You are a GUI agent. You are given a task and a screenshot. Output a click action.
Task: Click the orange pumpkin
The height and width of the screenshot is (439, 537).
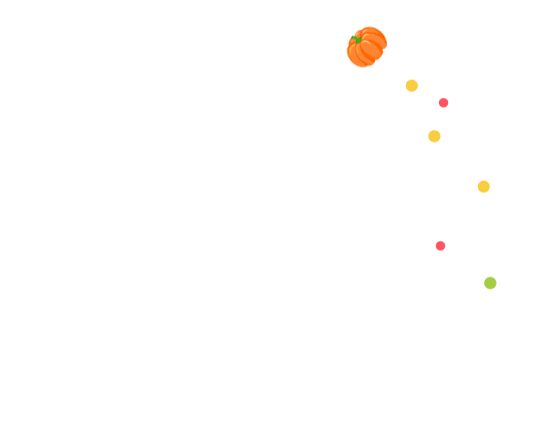click(x=367, y=47)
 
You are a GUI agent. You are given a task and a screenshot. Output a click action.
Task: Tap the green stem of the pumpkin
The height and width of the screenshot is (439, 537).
click(x=356, y=38)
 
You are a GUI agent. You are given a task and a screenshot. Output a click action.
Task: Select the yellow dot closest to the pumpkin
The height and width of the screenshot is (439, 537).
click(x=411, y=86)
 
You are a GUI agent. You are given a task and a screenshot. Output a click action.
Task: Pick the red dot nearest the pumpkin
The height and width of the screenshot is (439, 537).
click(x=443, y=103)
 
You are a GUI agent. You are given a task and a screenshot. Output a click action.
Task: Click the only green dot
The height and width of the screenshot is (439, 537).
click(x=490, y=283)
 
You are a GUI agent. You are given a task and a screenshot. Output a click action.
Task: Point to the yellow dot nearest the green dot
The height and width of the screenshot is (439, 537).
click(x=484, y=187)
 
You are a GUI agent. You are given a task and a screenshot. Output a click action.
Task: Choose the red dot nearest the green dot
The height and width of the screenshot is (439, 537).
click(x=441, y=246)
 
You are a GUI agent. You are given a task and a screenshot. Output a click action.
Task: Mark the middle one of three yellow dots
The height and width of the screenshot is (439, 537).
click(x=434, y=136)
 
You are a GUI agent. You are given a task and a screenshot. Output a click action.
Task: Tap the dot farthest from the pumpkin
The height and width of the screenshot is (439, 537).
click(x=490, y=283)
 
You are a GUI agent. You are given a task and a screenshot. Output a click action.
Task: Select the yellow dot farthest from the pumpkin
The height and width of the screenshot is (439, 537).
click(x=484, y=187)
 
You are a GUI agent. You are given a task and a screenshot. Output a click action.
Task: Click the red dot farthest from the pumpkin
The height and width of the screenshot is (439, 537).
click(x=441, y=246)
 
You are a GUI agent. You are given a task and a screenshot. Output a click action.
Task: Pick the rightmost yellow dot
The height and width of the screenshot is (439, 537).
click(x=484, y=187)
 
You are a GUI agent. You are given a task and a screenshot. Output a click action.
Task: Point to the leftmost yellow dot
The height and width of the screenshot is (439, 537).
click(x=411, y=86)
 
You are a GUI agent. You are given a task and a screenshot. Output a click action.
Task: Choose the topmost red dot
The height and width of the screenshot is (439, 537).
click(x=443, y=103)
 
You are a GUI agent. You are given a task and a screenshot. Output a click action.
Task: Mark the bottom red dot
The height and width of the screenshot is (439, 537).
click(x=441, y=246)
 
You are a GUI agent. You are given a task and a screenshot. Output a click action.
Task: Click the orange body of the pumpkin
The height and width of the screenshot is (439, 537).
click(x=369, y=50)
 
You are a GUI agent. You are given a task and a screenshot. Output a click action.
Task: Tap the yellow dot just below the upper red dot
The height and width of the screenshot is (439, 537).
click(x=434, y=136)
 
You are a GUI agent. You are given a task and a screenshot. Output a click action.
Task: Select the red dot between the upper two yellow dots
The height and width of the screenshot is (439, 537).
click(x=443, y=103)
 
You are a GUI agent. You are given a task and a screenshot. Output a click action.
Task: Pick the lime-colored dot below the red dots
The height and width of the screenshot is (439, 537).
click(x=490, y=283)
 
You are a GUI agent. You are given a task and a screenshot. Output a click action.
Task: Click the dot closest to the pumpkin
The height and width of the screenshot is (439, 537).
click(x=411, y=86)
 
